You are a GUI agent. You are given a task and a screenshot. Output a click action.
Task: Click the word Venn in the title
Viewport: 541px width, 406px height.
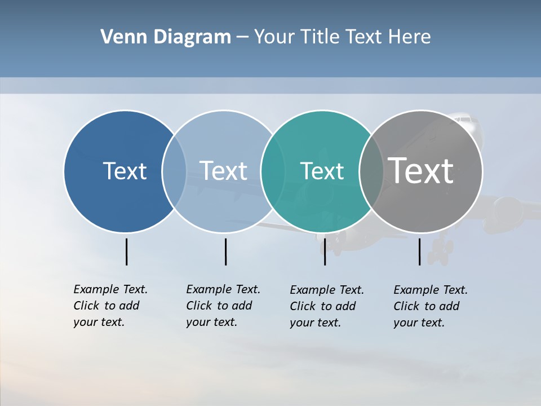click(118, 37)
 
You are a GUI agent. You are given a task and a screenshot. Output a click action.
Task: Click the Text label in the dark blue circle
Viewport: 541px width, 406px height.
click(125, 171)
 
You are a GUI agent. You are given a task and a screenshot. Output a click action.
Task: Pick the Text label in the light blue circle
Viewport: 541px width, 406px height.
click(224, 171)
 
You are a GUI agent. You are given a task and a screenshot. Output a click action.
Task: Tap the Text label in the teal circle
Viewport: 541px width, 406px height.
click(322, 171)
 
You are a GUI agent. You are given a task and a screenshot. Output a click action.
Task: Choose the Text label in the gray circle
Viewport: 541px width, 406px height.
click(421, 171)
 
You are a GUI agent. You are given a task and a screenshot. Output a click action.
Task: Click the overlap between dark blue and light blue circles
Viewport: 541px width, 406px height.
click(174, 171)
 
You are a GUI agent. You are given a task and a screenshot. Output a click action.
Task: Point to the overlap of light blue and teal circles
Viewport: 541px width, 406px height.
click(273, 171)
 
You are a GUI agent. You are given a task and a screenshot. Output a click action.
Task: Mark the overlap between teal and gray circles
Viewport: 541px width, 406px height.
click(371, 171)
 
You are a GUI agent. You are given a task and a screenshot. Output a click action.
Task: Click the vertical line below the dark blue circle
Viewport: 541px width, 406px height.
click(126, 251)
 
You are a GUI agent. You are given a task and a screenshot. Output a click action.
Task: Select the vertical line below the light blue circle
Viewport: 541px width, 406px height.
click(225, 251)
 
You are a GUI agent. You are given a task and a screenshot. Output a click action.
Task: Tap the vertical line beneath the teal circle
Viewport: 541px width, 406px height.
click(325, 251)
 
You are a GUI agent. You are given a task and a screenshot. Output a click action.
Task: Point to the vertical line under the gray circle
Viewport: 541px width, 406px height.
click(419, 251)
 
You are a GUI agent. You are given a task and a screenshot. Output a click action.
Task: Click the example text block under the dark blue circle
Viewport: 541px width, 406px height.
click(110, 306)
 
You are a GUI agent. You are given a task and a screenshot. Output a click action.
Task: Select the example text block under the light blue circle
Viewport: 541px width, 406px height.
click(223, 306)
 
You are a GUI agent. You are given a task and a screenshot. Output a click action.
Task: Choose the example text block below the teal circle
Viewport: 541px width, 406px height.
click(326, 306)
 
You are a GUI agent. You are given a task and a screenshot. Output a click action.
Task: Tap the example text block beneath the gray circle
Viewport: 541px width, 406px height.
click(430, 306)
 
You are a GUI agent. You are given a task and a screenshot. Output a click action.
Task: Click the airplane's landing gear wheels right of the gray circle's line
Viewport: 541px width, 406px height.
click(441, 251)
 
